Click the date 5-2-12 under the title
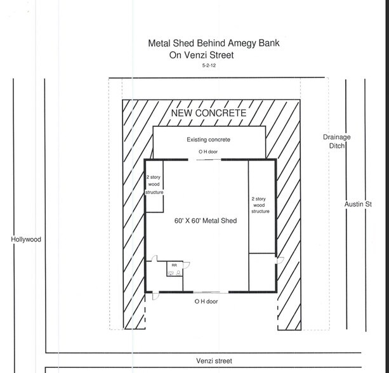(209, 65)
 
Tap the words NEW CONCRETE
(209, 113)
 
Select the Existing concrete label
(208, 140)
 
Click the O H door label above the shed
(208, 152)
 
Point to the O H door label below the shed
(206, 301)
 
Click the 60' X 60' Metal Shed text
(206, 221)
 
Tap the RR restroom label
(174, 265)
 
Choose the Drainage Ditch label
(337, 141)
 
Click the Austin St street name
(358, 204)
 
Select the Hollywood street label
(26, 239)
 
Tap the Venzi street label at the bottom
(214, 361)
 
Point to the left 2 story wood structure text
(154, 185)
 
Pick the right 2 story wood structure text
(260, 205)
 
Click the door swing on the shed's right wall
(280, 261)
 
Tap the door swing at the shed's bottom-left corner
(155, 296)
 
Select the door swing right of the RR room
(187, 265)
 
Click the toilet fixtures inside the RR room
(175, 273)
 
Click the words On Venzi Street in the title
(201, 55)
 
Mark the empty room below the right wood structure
(261, 272)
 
